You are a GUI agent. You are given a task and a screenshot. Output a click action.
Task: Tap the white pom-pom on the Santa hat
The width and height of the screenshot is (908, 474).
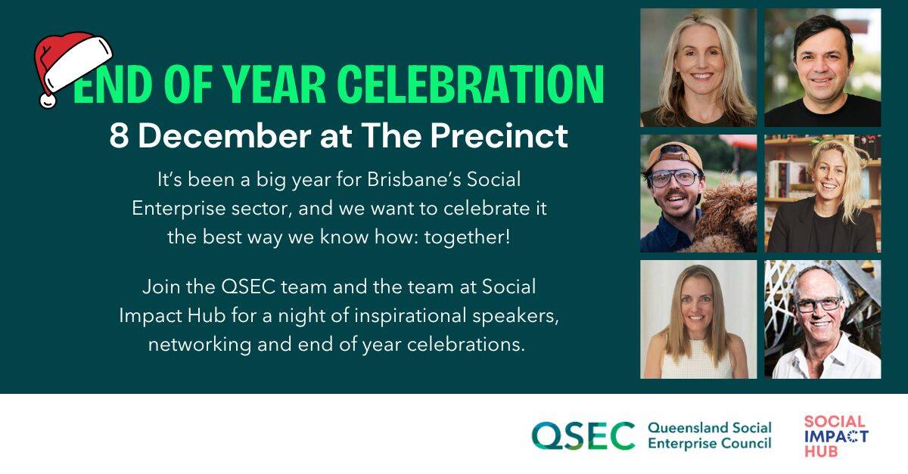pyautogui.click(x=48, y=101)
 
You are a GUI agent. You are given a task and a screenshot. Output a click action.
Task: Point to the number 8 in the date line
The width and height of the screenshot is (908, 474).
pyautogui.click(x=120, y=136)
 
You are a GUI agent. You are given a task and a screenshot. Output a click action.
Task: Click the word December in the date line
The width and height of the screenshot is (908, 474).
pyautogui.click(x=225, y=136)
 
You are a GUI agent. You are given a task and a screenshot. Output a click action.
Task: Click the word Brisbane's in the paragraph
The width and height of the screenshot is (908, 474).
pyautogui.click(x=412, y=179)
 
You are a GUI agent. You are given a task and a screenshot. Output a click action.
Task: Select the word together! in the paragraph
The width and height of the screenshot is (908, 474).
pyautogui.click(x=467, y=237)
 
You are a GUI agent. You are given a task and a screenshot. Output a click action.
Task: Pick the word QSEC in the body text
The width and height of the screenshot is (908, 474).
pyautogui.click(x=248, y=287)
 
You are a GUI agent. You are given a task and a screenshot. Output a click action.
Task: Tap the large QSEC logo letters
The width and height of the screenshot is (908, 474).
pyautogui.click(x=583, y=435)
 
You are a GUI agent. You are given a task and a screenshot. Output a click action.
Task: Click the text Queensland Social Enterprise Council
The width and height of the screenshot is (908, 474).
pyautogui.click(x=710, y=435)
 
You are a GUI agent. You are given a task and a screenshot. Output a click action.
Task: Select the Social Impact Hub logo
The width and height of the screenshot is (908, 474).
pyautogui.click(x=836, y=436)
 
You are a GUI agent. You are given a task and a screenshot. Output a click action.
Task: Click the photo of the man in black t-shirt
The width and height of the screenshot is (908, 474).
pyautogui.click(x=822, y=67)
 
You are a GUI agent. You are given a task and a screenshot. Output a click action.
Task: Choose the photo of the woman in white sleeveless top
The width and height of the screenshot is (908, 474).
pyautogui.click(x=698, y=319)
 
